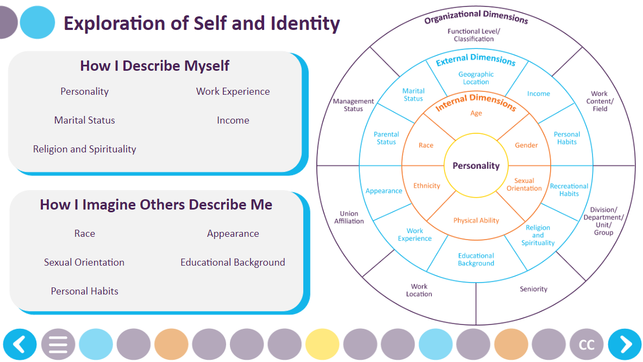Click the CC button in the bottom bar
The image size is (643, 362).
click(x=586, y=345)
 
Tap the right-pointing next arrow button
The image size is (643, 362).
click(x=625, y=345)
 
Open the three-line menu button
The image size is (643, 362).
click(x=58, y=345)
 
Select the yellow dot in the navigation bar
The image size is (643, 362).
click(x=322, y=345)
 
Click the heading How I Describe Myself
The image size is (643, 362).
click(x=154, y=66)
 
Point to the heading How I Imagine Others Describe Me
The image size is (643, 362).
click(x=156, y=205)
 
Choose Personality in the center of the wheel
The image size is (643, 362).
click(x=476, y=165)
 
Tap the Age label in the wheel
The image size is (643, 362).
click(x=476, y=113)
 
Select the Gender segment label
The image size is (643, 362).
click(x=526, y=145)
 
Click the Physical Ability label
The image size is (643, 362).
click(x=476, y=220)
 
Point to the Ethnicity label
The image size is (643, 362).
click(x=427, y=186)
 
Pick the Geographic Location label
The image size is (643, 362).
click(x=476, y=78)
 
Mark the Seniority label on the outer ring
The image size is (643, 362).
click(x=533, y=289)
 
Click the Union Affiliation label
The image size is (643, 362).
click(x=349, y=217)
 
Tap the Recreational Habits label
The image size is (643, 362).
click(x=569, y=189)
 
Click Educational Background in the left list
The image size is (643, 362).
click(x=233, y=262)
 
